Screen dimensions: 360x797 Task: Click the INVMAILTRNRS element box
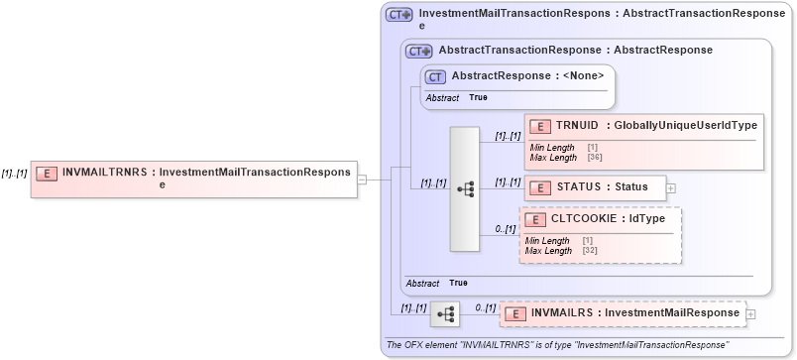pyautogui.click(x=193, y=179)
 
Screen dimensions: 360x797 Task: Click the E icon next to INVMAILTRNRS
pyautogui.click(x=47, y=173)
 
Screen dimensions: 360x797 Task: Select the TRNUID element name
pyautogui.click(x=577, y=125)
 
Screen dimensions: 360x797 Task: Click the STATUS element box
pyautogui.click(x=595, y=186)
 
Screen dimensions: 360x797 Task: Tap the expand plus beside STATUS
pyautogui.click(x=671, y=186)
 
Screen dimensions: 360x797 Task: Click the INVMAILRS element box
pyautogui.click(x=622, y=313)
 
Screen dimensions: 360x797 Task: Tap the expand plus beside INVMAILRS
pyautogui.click(x=749, y=314)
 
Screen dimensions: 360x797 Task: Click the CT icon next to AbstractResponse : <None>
pyautogui.click(x=434, y=76)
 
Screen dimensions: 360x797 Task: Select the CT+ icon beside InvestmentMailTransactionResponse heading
pyautogui.click(x=398, y=15)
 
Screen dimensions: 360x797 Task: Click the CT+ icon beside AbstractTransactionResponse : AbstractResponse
pyautogui.click(x=418, y=50)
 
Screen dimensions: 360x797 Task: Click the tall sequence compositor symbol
pyautogui.click(x=465, y=188)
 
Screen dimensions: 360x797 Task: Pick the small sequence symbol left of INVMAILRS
pyautogui.click(x=445, y=314)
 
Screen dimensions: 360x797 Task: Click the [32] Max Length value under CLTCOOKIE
pyautogui.click(x=591, y=251)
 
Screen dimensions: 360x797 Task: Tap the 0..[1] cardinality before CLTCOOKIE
pyautogui.click(x=506, y=229)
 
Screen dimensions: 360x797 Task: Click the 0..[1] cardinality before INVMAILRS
pyautogui.click(x=484, y=307)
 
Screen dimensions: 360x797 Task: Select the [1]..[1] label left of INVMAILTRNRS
pyautogui.click(x=14, y=173)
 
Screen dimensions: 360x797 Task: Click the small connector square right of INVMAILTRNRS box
pyautogui.click(x=363, y=180)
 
